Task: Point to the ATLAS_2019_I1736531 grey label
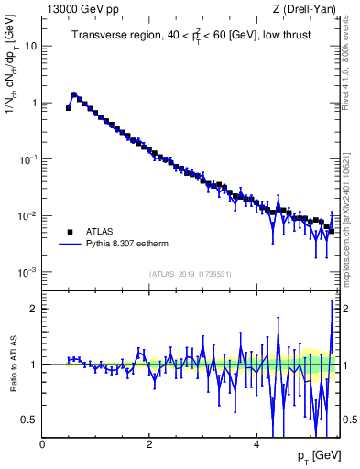[190, 274]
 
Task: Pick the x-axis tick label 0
[42, 443]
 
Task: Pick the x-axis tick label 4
[256, 443]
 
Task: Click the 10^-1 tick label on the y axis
[29, 159]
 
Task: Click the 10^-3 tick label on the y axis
[29, 273]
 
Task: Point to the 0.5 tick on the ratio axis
[30, 420]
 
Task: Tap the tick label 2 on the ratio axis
[34, 309]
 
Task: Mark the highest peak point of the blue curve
[74, 93]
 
